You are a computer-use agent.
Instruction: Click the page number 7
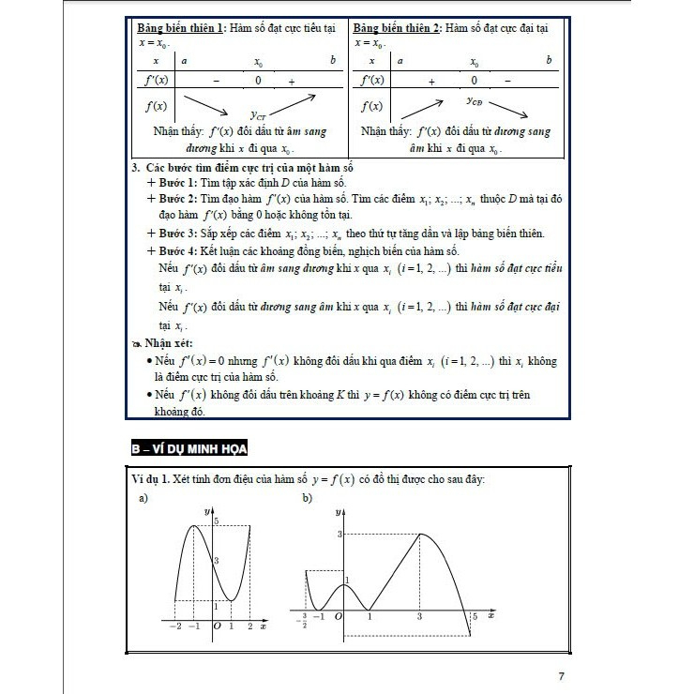click(560, 676)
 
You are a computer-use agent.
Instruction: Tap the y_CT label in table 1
click(259, 116)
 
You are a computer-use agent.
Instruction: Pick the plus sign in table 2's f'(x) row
click(431, 83)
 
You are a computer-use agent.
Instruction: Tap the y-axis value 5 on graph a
click(217, 520)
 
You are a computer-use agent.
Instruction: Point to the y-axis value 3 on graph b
click(339, 533)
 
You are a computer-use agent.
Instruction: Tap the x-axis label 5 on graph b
click(475, 616)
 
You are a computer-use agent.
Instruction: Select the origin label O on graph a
click(217, 626)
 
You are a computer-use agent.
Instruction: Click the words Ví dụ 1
click(153, 480)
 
